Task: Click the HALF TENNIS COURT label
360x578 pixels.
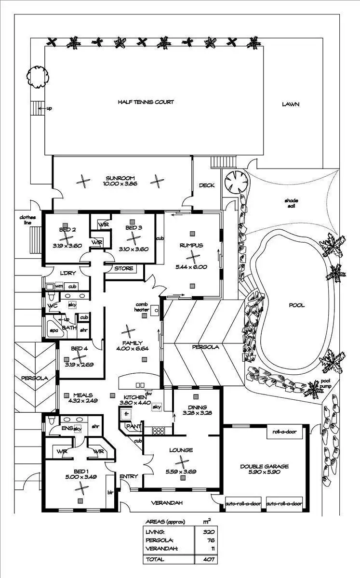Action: (146, 102)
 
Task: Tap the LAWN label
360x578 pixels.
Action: (291, 104)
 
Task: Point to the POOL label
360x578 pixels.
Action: (297, 305)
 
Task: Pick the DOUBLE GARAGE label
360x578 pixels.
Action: (265, 466)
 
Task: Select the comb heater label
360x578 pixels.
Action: (142, 307)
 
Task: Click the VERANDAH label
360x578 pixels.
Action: (167, 503)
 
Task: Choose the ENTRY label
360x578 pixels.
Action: (129, 476)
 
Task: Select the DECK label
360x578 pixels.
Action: (207, 185)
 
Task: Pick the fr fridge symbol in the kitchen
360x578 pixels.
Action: (126, 414)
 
